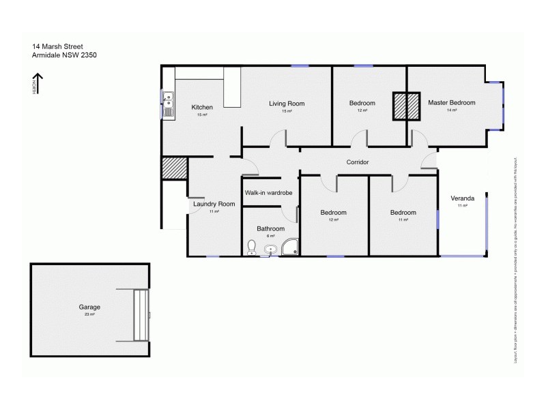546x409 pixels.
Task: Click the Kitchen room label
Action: click(x=202, y=107)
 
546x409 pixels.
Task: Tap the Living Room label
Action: click(x=287, y=104)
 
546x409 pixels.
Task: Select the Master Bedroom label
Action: click(x=451, y=103)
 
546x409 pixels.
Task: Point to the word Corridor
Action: click(x=358, y=162)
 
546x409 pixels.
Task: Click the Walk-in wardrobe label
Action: click(x=269, y=193)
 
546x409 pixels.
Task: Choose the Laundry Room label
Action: click(x=214, y=204)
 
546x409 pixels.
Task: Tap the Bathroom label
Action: click(x=270, y=228)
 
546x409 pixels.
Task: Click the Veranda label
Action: click(x=463, y=198)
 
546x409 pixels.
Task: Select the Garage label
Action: click(x=89, y=307)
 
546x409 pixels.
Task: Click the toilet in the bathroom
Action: click(x=251, y=247)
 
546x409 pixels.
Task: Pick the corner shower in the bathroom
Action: click(x=290, y=247)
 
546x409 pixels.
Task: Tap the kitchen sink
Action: click(x=167, y=106)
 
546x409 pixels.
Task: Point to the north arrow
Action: click(x=38, y=83)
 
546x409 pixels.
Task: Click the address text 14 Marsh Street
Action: click(x=57, y=47)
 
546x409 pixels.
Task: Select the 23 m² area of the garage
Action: click(x=89, y=315)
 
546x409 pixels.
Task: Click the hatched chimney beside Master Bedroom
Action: click(x=406, y=106)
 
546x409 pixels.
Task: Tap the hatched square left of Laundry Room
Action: click(x=174, y=168)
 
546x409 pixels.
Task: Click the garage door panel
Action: click(x=141, y=315)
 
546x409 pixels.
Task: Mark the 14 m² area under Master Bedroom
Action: click(x=451, y=110)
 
